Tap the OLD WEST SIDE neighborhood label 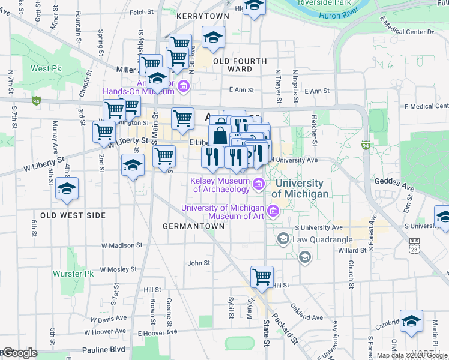pos(73,215)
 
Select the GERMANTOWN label pos(194,226)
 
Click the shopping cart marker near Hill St pos(262,277)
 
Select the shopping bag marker pos(220,134)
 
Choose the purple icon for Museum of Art pos(273,211)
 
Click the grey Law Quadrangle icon pos(283,239)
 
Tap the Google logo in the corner pos(19,353)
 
